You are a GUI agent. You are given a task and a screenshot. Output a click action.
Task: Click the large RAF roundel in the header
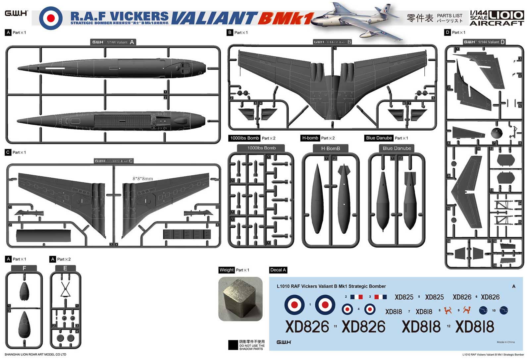pos(50,18)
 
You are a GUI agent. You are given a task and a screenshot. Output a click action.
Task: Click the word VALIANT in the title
pos(214,19)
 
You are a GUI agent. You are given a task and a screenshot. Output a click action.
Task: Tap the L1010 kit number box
pos(506,15)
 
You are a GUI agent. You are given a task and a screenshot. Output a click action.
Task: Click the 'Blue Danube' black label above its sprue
pos(379,138)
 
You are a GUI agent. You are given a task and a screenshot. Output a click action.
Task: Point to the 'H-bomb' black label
pos(310,138)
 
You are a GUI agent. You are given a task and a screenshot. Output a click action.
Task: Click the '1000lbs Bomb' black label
pos(244,138)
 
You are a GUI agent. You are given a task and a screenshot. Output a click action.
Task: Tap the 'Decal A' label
pos(278,270)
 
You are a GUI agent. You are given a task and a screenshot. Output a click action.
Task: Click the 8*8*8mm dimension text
pos(143,179)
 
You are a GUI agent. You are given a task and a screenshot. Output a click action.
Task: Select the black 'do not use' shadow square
pos(233,345)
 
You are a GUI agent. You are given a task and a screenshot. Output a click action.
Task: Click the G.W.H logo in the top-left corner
pos(16,13)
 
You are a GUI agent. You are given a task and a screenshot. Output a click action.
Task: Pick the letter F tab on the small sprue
pos(24,268)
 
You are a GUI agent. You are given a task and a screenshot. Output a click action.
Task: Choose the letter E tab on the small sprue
pos(65,268)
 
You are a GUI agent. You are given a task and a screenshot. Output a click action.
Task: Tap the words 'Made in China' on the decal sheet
pos(505,342)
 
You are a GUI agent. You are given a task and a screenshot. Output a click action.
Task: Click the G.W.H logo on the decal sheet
pos(284,342)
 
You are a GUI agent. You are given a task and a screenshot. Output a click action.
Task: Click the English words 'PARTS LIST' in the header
pos(450,16)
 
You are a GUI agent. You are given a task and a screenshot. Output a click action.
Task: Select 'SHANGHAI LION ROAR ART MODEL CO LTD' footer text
pos(35,354)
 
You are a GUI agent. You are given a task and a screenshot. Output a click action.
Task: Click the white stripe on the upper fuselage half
pos(55,68)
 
